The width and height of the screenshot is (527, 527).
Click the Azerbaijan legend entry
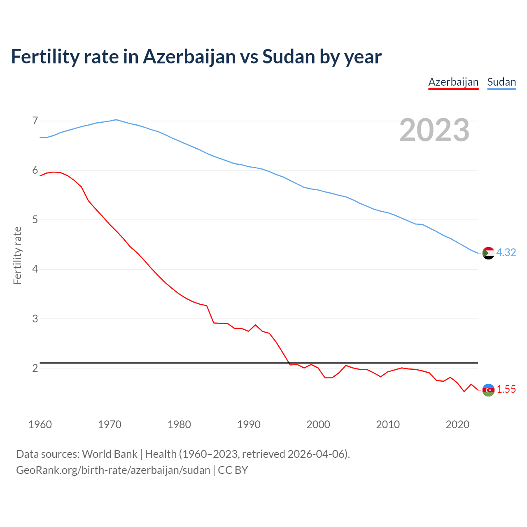pyautogui.click(x=453, y=82)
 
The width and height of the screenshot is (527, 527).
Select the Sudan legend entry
pyautogui.click(x=501, y=82)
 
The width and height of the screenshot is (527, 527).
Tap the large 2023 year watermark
pyautogui.click(x=434, y=130)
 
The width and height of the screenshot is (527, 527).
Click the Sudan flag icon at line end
pyautogui.click(x=488, y=253)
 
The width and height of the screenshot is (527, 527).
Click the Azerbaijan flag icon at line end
pyautogui.click(x=488, y=389)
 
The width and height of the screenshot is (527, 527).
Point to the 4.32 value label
pyautogui.click(x=506, y=252)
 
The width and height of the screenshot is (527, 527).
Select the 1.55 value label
pyautogui.click(x=506, y=389)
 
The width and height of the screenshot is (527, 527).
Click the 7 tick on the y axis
pyautogui.click(x=35, y=121)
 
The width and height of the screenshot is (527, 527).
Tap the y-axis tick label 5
pyautogui.click(x=35, y=220)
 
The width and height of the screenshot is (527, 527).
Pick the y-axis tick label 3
pyautogui.click(x=35, y=319)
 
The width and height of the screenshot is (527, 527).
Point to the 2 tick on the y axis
pyautogui.click(x=35, y=368)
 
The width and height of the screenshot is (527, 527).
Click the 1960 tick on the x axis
pyautogui.click(x=40, y=424)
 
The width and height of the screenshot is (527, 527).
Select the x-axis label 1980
pyautogui.click(x=179, y=424)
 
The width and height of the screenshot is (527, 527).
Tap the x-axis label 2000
pyautogui.click(x=318, y=424)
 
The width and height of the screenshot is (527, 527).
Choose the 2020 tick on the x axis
pyautogui.click(x=457, y=424)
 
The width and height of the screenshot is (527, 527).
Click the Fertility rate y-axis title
pyautogui.click(x=17, y=255)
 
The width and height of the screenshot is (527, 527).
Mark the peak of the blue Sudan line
pyautogui.click(x=116, y=120)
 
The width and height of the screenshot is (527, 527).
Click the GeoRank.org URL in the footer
pyautogui.click(x=113, y=470)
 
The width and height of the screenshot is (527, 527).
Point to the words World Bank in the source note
pyautogui.click(x=110, y=454)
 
